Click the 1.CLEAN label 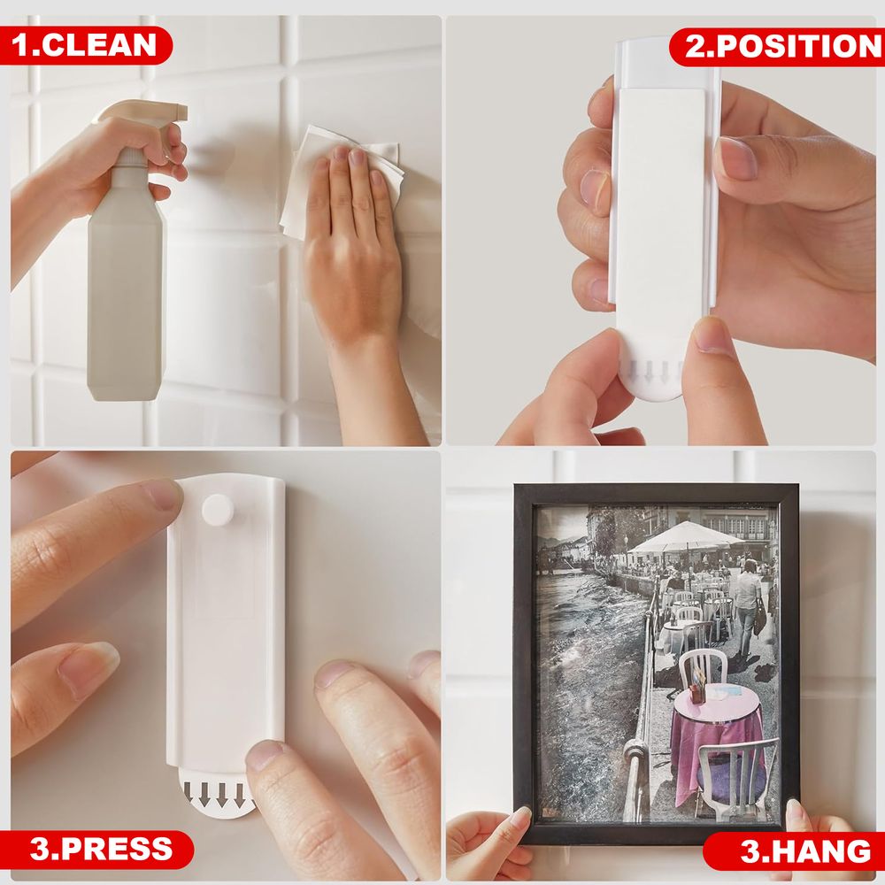[x=85, y=45]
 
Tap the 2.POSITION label [x=778, y=46]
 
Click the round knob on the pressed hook [x=218, y=509]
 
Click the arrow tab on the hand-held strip [x=655, y=375]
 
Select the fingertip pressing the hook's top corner [x=164, y=496]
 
